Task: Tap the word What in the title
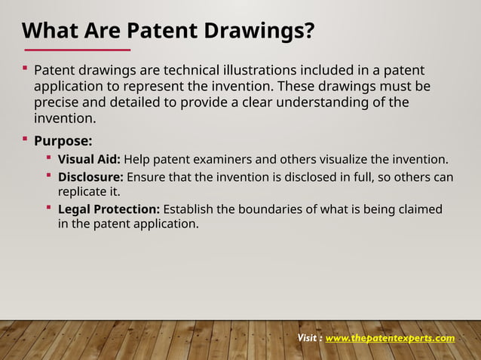[x=47, y=32]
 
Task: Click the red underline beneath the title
[x=76, y=50]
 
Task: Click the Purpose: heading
[x=63, y=140]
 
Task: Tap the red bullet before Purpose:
[x=25, y=139]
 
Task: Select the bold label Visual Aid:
[x=89, y=159]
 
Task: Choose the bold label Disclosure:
[x=90, y=177]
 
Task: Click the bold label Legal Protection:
[x=109, y=209]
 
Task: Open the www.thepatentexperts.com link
[x=390, y=338]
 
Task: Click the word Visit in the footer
[x=309, y=338]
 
